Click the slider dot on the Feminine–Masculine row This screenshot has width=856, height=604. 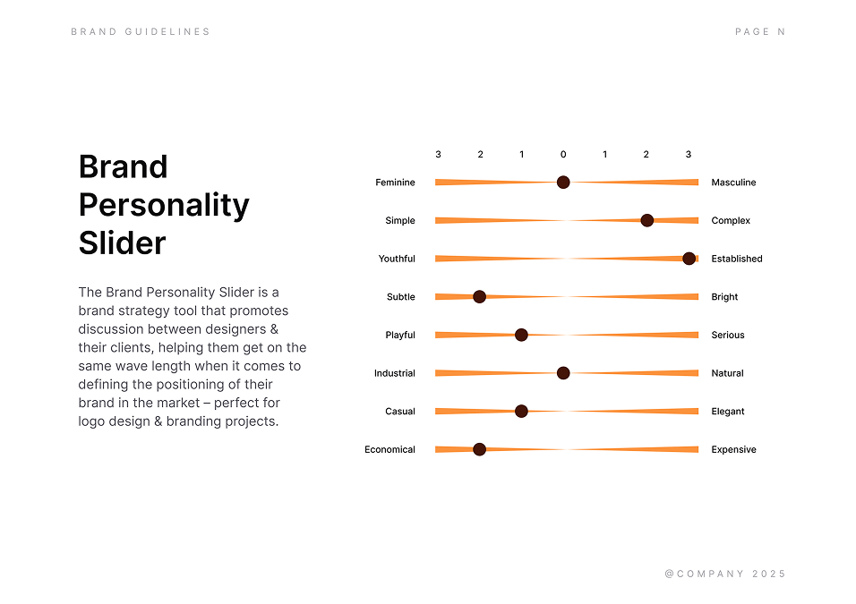tap(563, 183)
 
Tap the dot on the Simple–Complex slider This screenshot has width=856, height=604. tap(646, 220)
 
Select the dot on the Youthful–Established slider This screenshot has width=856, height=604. tap(689, 259)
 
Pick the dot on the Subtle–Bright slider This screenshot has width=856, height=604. tap(479, 297)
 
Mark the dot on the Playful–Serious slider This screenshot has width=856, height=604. tap(521, 335)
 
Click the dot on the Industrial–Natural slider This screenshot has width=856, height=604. tap(563, 373)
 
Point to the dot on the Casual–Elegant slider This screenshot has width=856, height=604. tap(521, 412)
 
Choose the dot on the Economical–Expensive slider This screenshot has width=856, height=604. tap(479, 449)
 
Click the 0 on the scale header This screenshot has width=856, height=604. tap(563, 155)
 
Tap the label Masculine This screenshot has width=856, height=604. tap(733, 183)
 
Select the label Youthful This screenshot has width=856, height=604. tap(397, 259)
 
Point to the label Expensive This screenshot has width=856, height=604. tap(733, 449)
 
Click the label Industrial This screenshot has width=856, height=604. tap(395, 373)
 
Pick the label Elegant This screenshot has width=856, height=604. tap(728, 412)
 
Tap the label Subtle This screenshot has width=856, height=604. tap(401, 297)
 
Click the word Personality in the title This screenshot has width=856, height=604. tap(164, 205)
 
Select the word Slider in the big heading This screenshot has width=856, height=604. tap(122, 242)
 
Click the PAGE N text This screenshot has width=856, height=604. tap(759, 31)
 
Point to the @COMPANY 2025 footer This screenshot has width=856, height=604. tap(725, 574)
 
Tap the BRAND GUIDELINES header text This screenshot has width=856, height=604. tap(141, 31)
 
